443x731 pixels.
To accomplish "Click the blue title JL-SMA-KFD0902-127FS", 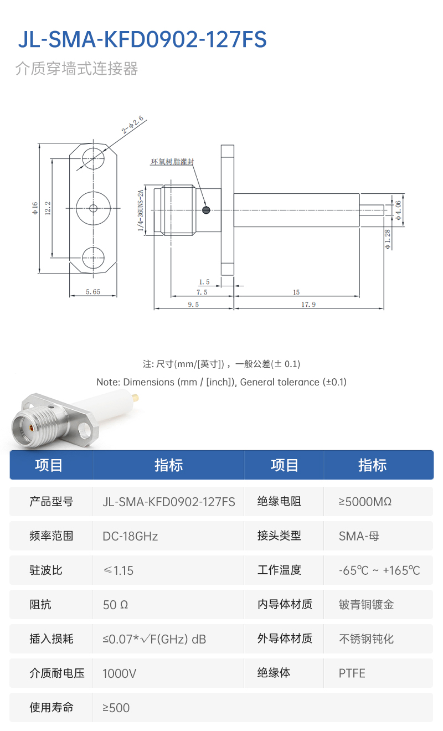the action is point(142,39).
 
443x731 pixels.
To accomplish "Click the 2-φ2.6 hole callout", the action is point(132,125).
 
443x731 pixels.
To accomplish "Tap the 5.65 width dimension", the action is point(93,291).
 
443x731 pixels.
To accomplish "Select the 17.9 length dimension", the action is point(308,304).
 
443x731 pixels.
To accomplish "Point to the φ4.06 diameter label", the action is point(398,210).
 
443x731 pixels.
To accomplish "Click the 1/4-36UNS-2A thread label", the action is point(140,210).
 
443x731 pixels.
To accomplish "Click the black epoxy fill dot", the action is point(206,210).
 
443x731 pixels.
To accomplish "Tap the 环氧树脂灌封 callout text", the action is point(172,162).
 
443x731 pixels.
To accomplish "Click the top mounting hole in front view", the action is point(93,158).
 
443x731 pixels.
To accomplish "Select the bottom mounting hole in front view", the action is point(93,258).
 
